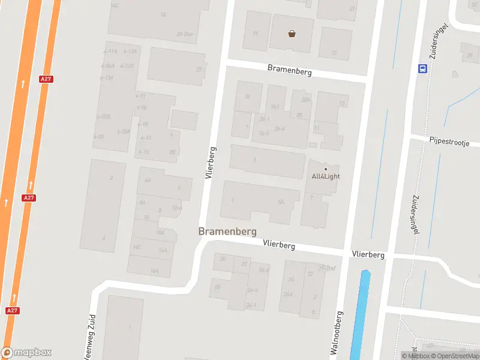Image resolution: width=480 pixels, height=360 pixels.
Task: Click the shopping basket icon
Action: tap(292, 34)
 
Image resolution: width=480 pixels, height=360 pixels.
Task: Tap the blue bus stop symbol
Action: tap(422, 68)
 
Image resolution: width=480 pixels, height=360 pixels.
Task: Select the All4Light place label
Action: tap(326, 176)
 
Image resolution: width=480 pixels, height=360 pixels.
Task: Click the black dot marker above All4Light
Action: tap(326, 168)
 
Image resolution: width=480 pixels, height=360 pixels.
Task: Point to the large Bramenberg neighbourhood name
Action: tap(227, 232)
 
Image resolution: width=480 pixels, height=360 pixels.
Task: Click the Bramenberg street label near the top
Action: tap(289, 71)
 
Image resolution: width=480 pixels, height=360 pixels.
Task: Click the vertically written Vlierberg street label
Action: tap(209, 162)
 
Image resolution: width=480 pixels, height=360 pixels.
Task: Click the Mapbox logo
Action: tap(26, 353)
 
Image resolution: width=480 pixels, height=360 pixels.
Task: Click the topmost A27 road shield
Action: tap(46, 79)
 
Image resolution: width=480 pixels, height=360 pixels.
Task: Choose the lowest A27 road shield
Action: tap(12, 311)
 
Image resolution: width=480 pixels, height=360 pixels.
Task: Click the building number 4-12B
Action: tap(127, 65)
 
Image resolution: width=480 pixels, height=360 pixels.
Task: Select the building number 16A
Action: tap(154, 271)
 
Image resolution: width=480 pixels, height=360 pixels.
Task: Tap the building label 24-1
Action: tap(251, 305)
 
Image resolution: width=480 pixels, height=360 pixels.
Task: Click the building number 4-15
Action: tap(143, 152)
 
